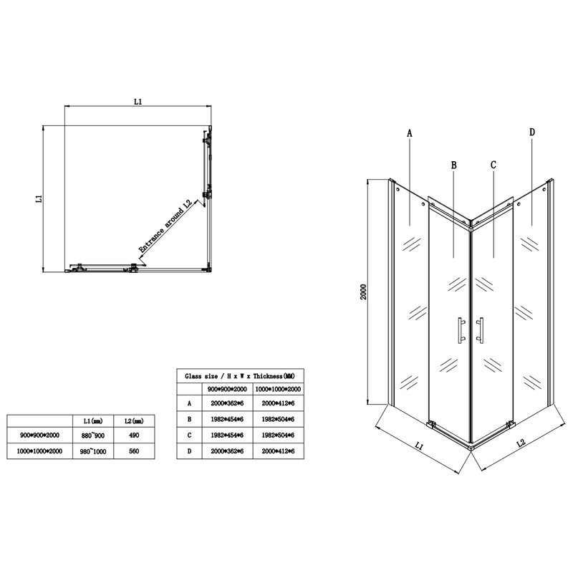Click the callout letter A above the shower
point(410,133)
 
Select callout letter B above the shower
point(454,165)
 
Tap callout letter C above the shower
point(494,165)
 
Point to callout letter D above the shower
point(532,133)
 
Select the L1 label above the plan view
point(139,102)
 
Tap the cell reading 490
point(133,435)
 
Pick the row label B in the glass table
point(188,418)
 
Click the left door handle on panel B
point(458,329)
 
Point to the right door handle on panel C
point(481,329)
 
